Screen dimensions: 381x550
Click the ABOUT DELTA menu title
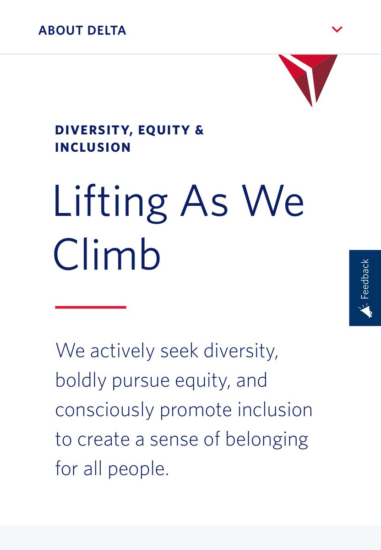82,30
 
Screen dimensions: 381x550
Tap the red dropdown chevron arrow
337,29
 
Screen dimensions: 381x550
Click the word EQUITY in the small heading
164,130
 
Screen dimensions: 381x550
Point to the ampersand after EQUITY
200,130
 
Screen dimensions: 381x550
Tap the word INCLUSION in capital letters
93,147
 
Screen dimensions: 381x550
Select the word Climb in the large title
107,253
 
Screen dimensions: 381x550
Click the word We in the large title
273,200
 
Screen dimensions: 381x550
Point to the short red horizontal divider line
91,307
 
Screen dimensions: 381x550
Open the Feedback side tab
365,288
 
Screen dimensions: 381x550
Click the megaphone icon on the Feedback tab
365,312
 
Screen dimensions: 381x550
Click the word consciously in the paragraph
105,410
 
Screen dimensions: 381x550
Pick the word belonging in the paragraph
267,440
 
